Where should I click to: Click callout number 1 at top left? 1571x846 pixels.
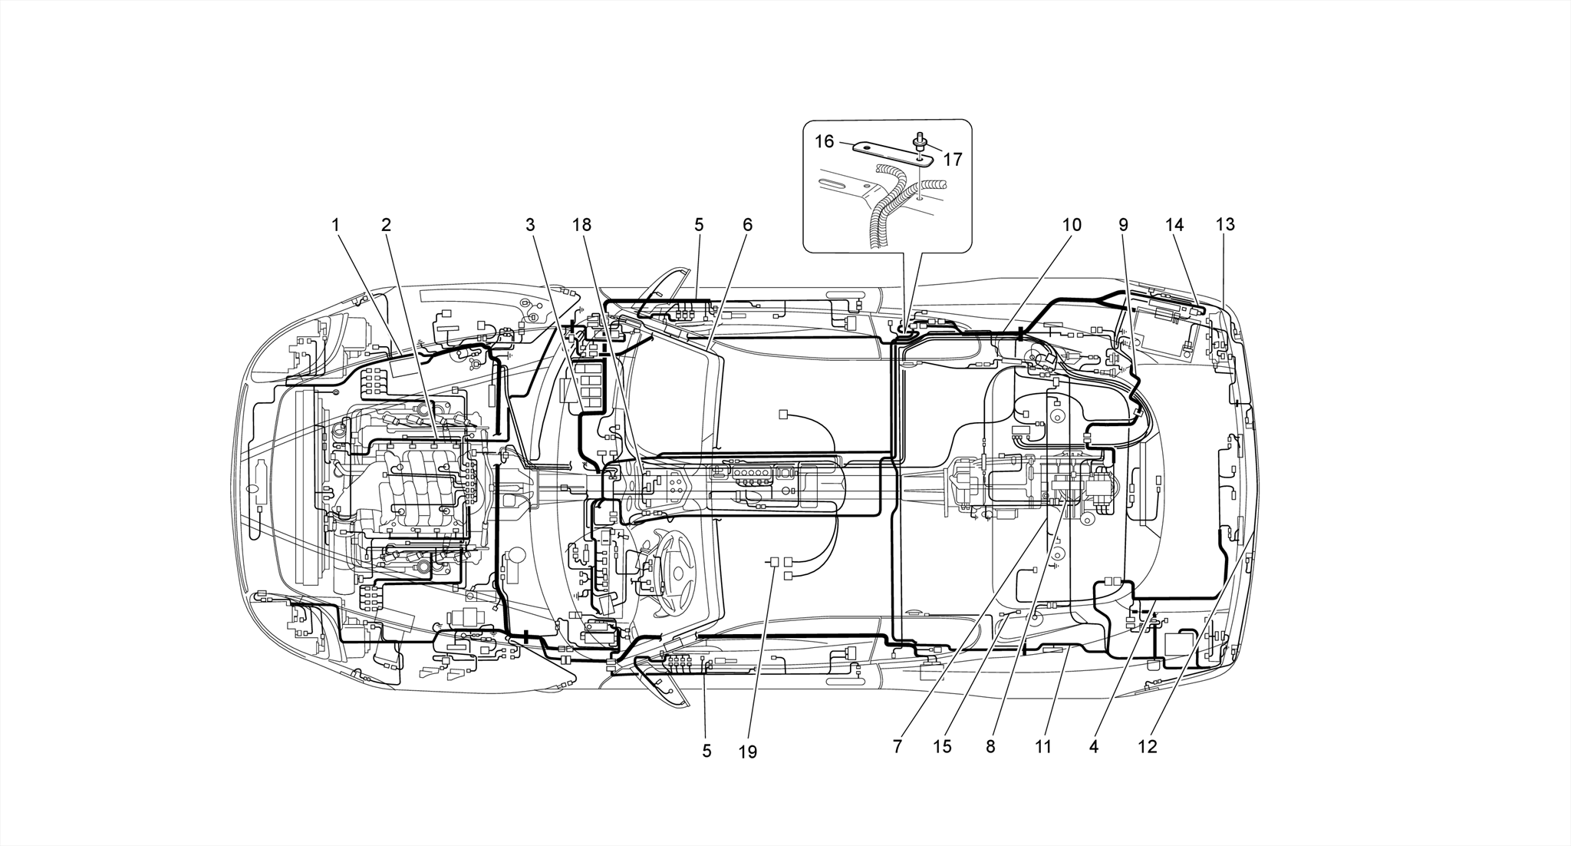click(335, 225)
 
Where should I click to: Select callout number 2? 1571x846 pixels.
click(386, 225)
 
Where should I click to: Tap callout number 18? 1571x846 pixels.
click(581, 225)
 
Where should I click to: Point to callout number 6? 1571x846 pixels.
click(747, 225)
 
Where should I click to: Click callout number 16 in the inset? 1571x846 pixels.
click(824, 141)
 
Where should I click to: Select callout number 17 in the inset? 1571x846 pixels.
click(952, 160)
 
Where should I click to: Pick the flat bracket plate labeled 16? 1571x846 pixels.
click(890, 153)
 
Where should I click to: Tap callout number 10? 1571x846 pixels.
click(1071, 225)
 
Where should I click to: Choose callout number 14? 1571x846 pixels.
click(1174, 225)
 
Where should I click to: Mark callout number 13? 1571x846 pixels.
click(1225, 225)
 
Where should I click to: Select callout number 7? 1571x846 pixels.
click(897, 746)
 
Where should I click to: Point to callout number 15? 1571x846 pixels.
click(942, 746)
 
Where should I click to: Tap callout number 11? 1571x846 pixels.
click(1042, 746)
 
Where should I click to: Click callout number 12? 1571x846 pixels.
click(1147, 746)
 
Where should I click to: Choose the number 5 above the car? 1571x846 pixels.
click(698, 225)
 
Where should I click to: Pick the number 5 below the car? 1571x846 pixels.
click(706, 751)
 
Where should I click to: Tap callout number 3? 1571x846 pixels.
click(529, 225)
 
